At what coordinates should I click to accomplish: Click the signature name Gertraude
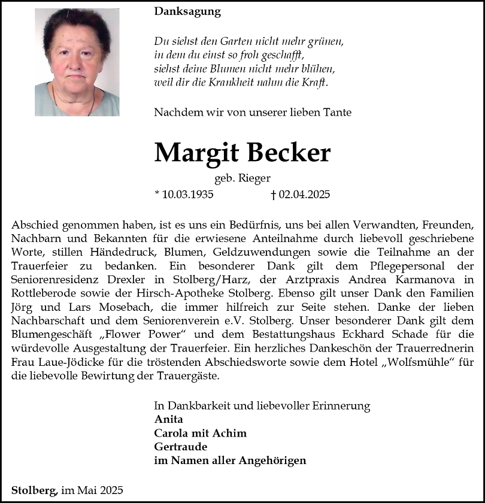point(180,447)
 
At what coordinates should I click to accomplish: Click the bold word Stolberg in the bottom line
point(34,490)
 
